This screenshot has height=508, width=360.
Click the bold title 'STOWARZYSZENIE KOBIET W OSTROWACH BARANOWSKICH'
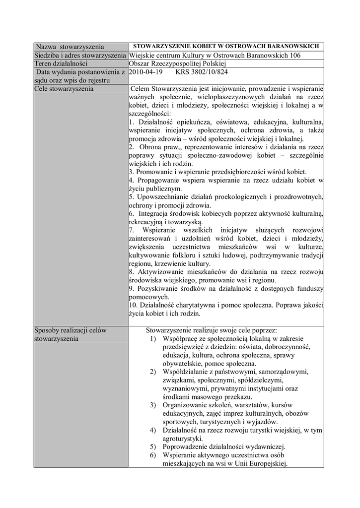(x=227, y=47)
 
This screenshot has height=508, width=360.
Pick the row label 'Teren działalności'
(x=61, y=63)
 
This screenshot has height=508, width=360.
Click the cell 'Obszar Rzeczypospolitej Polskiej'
(x=177, y=63)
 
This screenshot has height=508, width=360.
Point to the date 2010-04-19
(x=145, y=72)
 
